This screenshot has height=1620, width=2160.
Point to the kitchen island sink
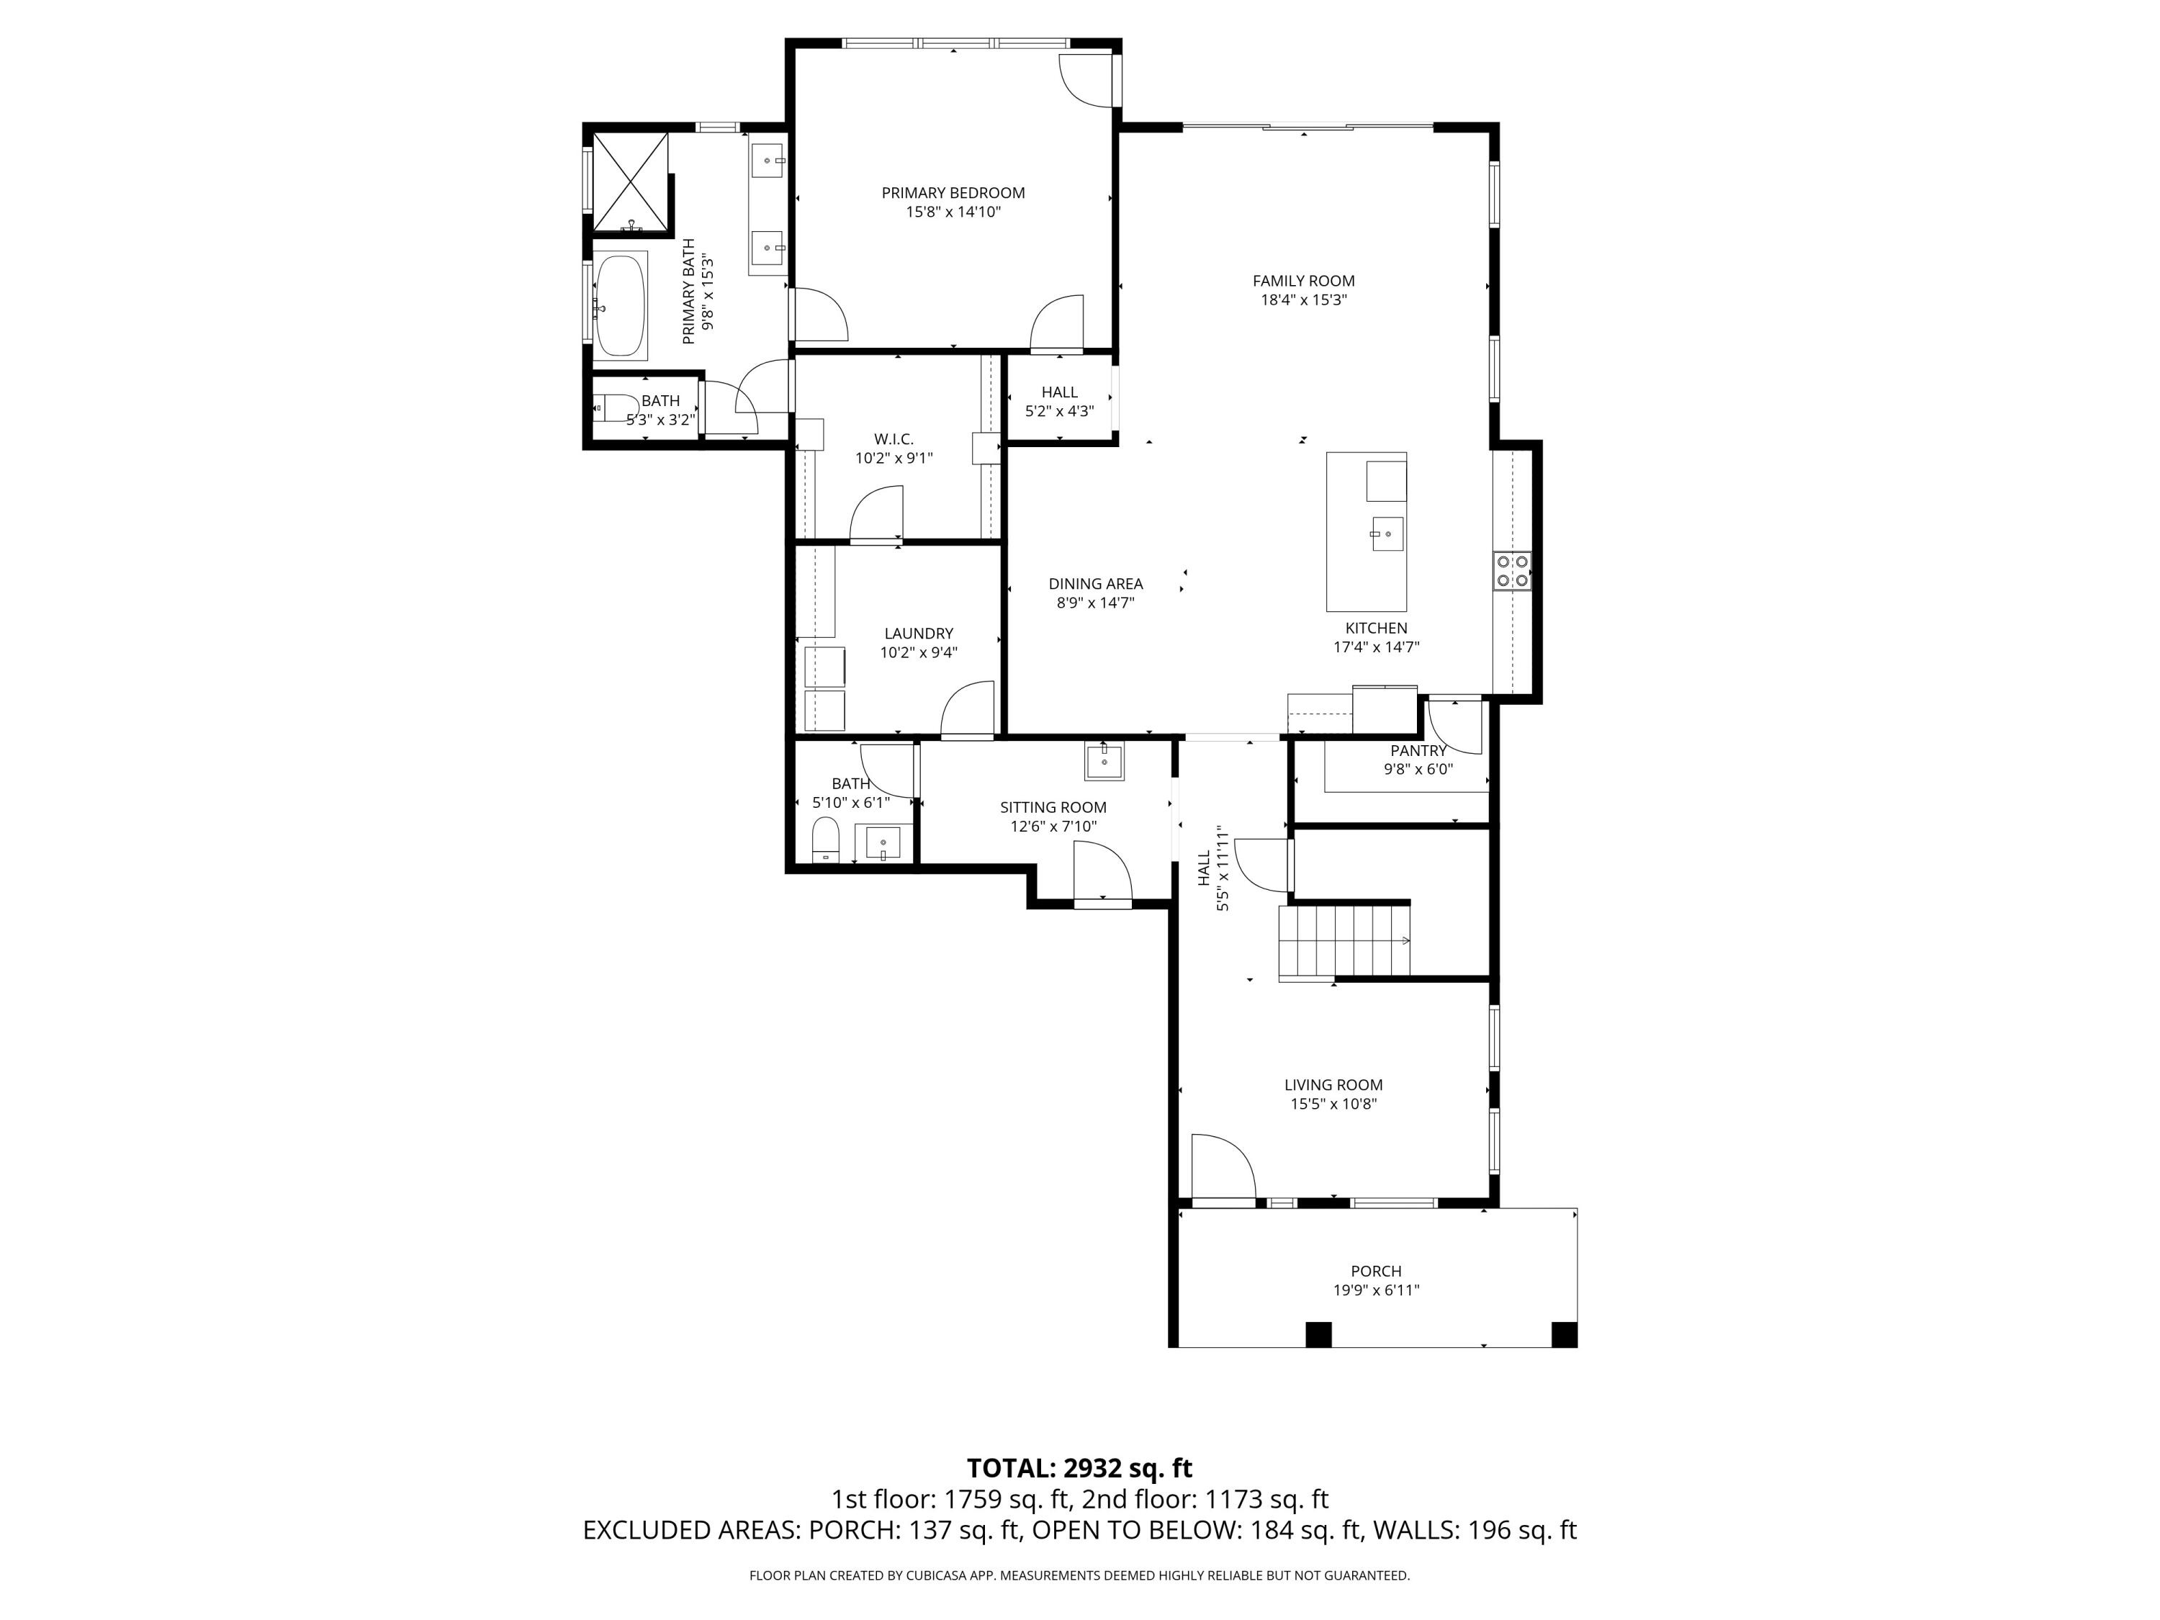tap(1387, 534)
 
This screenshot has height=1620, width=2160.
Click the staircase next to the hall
tap(1344, 940)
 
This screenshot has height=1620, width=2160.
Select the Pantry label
tap(1418, 751)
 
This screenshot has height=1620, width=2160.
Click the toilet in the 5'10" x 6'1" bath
tap(826, 841)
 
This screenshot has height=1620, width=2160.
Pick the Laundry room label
tap(918, 634)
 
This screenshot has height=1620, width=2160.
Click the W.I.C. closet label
tap(894, 439)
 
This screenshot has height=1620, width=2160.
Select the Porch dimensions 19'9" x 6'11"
tap(1376, 1290)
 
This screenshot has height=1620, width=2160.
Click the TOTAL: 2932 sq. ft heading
tap(1079, 1467)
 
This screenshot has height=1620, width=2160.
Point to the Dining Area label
tap(1094, 584)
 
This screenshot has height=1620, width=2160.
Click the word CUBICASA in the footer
tap(937, 1575)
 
